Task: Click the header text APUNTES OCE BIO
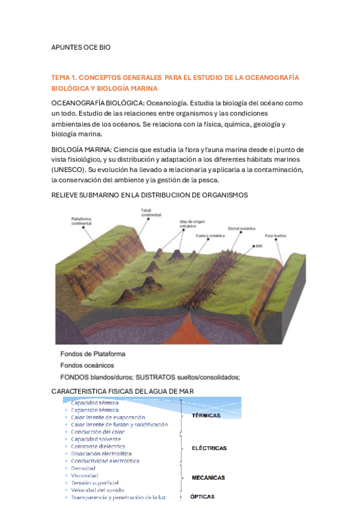[81, 47]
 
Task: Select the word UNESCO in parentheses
[69, 170]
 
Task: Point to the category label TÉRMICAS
[206, 416]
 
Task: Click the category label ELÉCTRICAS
[209, 448]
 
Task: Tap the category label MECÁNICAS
[209, 478]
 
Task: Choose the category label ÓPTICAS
[202, 497]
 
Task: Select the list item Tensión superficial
[94, 482]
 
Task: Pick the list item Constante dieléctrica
[98, 446]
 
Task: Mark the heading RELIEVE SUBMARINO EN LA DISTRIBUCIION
[150, 195]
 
